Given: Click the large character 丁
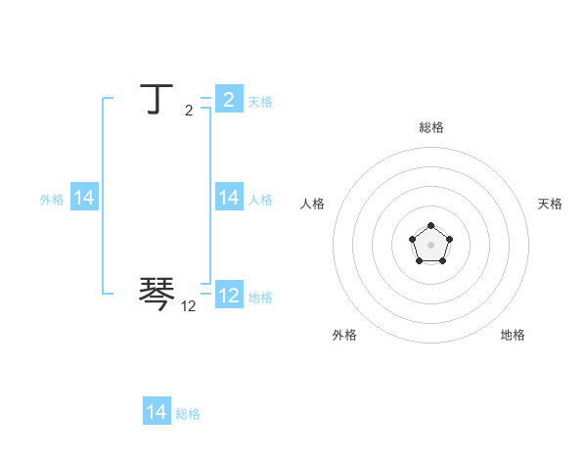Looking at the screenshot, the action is (x=158, y=99).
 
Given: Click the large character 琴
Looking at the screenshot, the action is (x=158, y=292).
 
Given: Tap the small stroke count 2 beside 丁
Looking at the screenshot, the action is (x=189, y=111).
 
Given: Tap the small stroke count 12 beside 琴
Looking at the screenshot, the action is (x=189, y=306).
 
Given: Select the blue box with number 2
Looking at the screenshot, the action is (x=229, y=100).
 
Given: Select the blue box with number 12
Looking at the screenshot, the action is (x=229, y=296).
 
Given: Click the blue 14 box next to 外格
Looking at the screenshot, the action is (x=84, y=198).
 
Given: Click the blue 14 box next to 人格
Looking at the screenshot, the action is (x=229, y=198).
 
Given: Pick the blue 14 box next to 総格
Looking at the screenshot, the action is (x=157, y=412).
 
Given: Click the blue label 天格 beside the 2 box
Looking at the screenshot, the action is (x=260, y=102).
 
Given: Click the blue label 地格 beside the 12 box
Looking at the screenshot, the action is (x=260, y=298).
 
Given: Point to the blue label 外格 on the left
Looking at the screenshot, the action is (x=52, y=200).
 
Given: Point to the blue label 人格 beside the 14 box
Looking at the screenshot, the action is (x=260, y=200).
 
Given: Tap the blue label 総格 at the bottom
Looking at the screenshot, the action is (x=188, y=414).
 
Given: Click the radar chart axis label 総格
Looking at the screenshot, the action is (x=430, y=127).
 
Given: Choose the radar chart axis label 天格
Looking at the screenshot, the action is (x=550, y=204).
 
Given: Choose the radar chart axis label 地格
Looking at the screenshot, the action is (x=513, y=335).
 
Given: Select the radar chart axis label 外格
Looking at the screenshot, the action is (x=344, y=335).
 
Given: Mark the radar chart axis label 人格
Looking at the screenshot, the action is (x=312, y=204).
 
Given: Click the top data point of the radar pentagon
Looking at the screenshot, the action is (x=430, y=226).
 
